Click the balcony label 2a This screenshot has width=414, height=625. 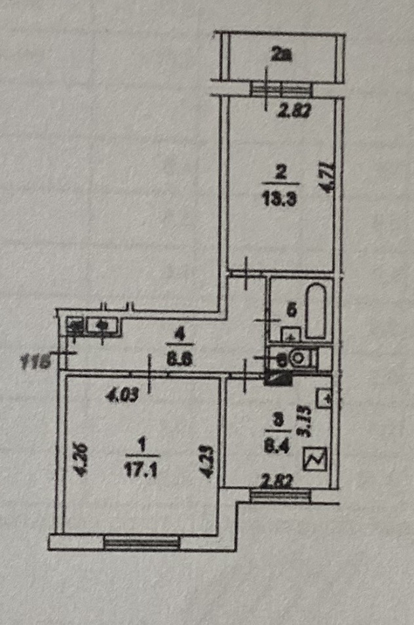(x=282, y=56)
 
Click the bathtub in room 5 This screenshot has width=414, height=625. (x=316, y=310)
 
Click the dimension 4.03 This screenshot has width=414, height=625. (x=122, y=395)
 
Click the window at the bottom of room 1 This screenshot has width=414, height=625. (x=141, y=541)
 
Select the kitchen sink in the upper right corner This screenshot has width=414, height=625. (x=324, y=397)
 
